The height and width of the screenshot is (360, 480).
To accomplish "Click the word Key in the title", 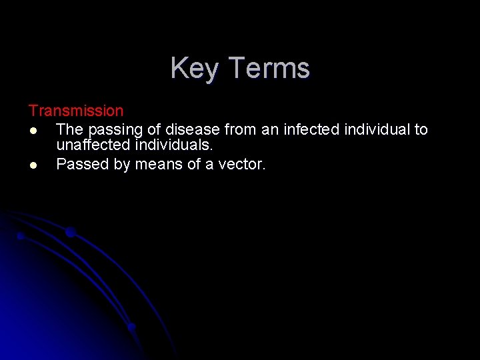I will [x=190, y=69].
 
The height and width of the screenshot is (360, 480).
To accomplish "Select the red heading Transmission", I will [x=76, y=111].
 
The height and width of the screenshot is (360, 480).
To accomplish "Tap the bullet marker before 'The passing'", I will [x=33, y=129].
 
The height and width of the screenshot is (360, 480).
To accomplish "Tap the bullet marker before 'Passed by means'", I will [x=33, y=164].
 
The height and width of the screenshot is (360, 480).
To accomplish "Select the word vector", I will [x=242, y=164].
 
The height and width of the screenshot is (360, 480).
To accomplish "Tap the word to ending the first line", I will [x=421, y=129].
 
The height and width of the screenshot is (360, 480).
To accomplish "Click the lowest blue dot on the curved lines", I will [x=132, y=327].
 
